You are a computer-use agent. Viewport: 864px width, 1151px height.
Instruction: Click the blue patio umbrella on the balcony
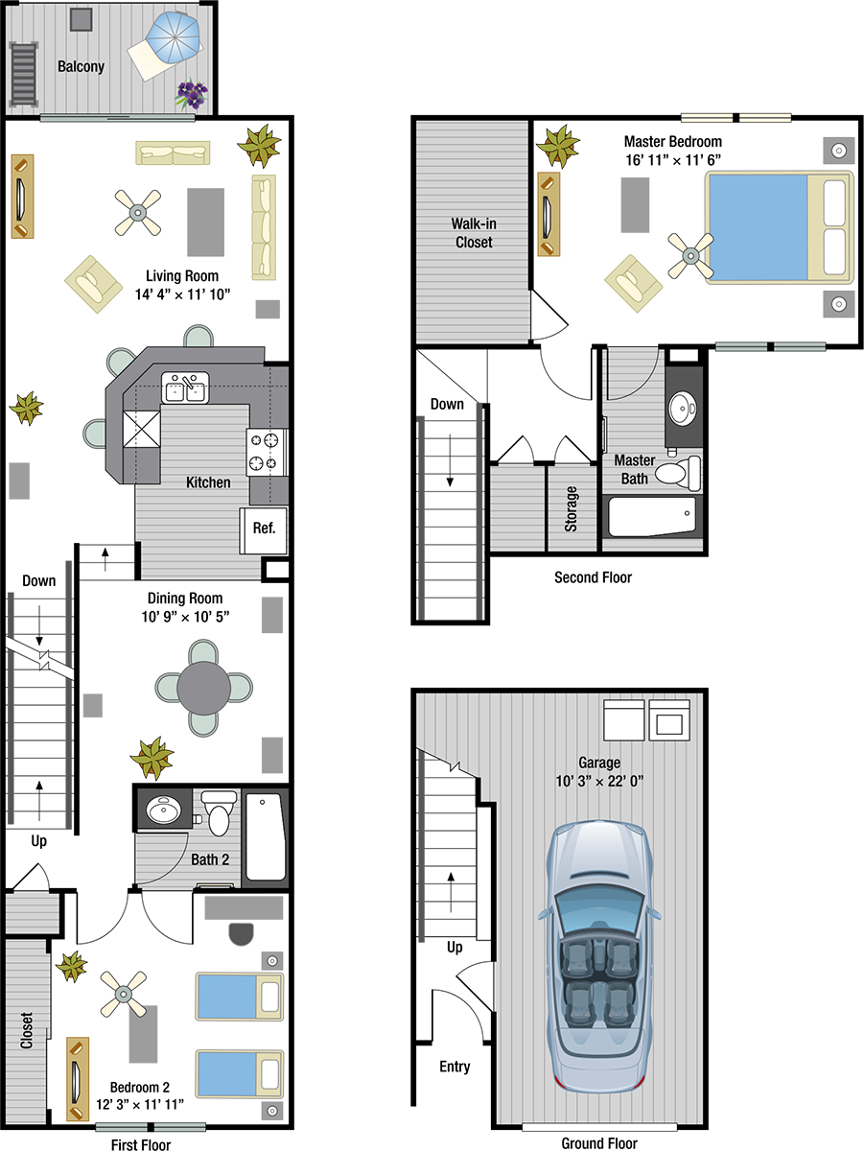(173, 37)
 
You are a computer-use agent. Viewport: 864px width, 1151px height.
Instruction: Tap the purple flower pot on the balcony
(192, 94)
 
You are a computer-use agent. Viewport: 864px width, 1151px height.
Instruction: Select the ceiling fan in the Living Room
(138, 212)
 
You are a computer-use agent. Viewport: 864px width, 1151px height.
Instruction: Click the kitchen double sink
(185, 388)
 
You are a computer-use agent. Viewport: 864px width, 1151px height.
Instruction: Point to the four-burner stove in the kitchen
(267, 452)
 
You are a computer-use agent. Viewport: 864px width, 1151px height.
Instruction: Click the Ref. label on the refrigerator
(264, 529)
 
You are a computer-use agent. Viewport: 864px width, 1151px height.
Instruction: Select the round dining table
(204, 688)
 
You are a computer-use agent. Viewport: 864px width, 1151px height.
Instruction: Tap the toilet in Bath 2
(219, 812)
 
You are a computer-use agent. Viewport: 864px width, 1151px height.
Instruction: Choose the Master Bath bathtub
(653, 516)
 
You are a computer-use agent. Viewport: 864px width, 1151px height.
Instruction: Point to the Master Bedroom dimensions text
(673, 160)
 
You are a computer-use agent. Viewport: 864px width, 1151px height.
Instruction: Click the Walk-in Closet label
(474, 233)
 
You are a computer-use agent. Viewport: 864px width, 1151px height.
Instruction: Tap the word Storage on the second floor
(571, 508)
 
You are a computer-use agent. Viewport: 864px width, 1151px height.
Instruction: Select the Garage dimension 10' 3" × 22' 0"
(599, 782)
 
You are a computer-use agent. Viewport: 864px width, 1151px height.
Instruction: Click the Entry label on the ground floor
(455, 1066)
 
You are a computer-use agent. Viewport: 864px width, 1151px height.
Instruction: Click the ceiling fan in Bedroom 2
(124, 994)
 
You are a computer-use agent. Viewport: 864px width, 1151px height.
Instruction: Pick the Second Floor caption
(593, 577)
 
